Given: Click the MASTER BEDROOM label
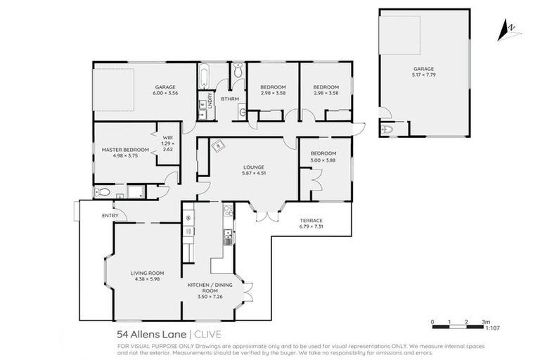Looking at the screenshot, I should [125, 150].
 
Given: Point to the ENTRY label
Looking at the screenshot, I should [110, 216].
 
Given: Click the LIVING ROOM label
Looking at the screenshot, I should [147, 273].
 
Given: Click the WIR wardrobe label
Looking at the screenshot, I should [167, 138].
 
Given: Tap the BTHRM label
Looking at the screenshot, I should [230, 99].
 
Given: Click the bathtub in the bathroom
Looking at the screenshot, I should [204, 75].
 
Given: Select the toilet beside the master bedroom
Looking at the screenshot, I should [103, 192].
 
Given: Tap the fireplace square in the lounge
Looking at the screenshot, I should [219, 146].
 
